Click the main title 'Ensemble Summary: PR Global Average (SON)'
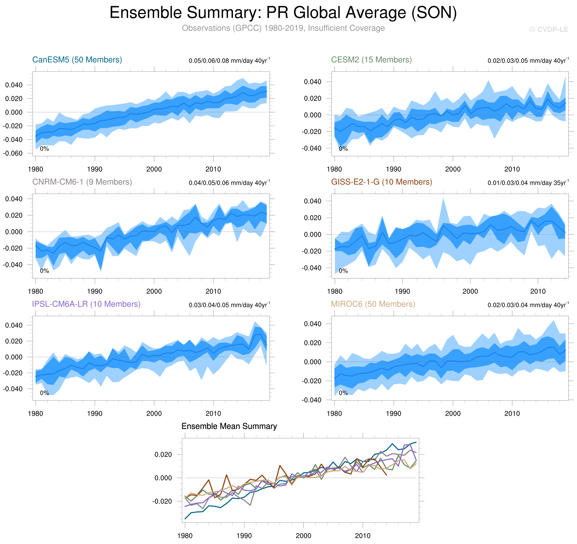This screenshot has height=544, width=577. pos(283,13)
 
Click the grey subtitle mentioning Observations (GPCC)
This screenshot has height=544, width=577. pos(283,28)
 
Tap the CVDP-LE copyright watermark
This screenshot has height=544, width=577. pos(548,30)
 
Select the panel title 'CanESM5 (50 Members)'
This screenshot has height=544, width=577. pos(77,60)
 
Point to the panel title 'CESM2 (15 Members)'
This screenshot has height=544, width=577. pos(371,60)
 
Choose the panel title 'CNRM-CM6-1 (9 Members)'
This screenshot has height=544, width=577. pos(82,182)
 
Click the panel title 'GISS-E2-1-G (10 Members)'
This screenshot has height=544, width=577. pos(381,182)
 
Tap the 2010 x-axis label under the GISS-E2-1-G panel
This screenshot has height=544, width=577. pos(538,291)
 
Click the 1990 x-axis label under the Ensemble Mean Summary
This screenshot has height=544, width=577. pos(244,536)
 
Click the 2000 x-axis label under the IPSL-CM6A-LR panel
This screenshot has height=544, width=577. pos(154,413)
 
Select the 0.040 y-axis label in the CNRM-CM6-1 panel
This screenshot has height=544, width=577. pos(14,199)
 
